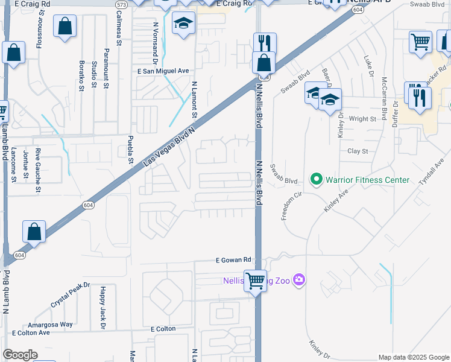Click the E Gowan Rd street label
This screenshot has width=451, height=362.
(x=233, y=260)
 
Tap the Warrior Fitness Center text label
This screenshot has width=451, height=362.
(x=367, y=180)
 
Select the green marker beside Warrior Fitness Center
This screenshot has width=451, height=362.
(x=315, y=179)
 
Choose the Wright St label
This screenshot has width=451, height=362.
(x=362, y=119)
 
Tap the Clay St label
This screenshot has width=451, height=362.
(x=358, y=151)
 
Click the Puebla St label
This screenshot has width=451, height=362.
(x=130, y=150)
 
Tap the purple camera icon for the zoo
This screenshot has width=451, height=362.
(x=300, y=280)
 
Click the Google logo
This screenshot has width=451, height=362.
(x=20, y=355)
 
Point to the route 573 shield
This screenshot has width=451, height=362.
(x=121, y=4)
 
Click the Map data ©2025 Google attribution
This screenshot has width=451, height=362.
(x=413, y=357)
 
